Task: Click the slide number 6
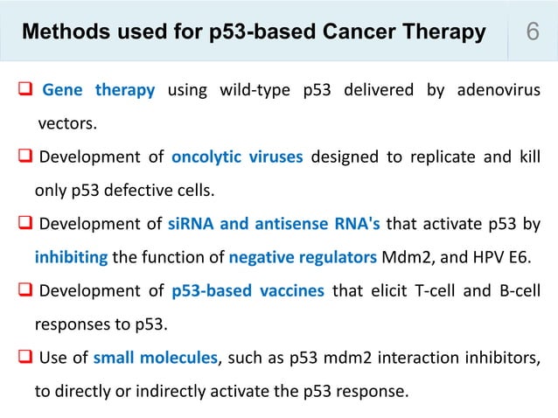531,33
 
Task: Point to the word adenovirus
495,90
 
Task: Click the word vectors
66,123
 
